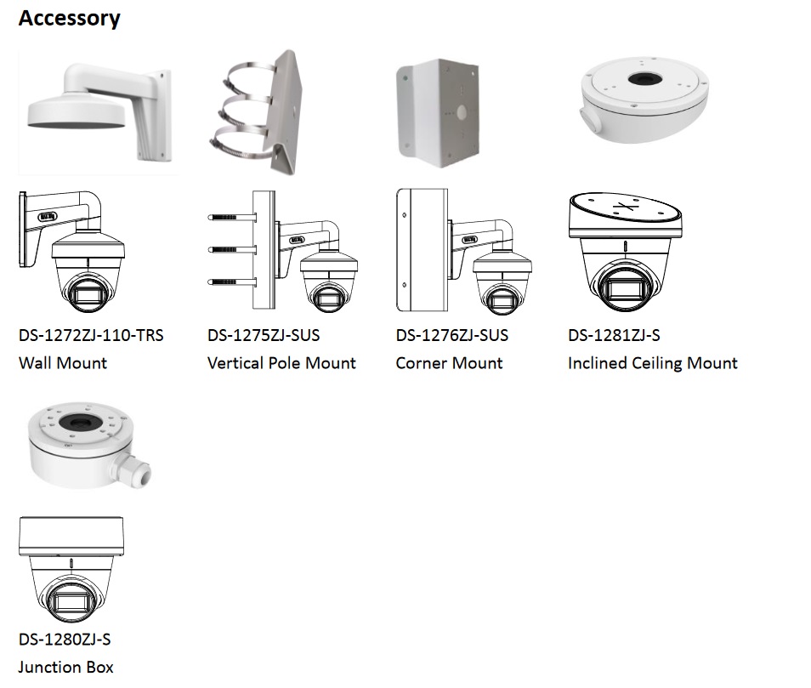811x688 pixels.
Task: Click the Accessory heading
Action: tap(70, 18)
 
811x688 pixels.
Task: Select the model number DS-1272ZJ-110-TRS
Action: tap(91, 335)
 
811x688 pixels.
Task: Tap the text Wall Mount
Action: tap(63, 363)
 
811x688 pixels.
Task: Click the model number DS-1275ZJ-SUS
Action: tap(264, 335)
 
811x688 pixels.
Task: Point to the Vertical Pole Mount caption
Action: tap(281, 363)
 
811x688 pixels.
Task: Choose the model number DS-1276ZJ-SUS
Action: tap(451, 335)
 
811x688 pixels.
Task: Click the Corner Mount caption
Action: tap(449, 363)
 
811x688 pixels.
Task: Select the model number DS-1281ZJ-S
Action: tap(614, 335)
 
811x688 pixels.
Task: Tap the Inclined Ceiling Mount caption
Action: tap(652, 363)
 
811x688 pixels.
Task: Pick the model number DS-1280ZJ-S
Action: tap(65, 639)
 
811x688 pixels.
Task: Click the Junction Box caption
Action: tap(65, 667)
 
